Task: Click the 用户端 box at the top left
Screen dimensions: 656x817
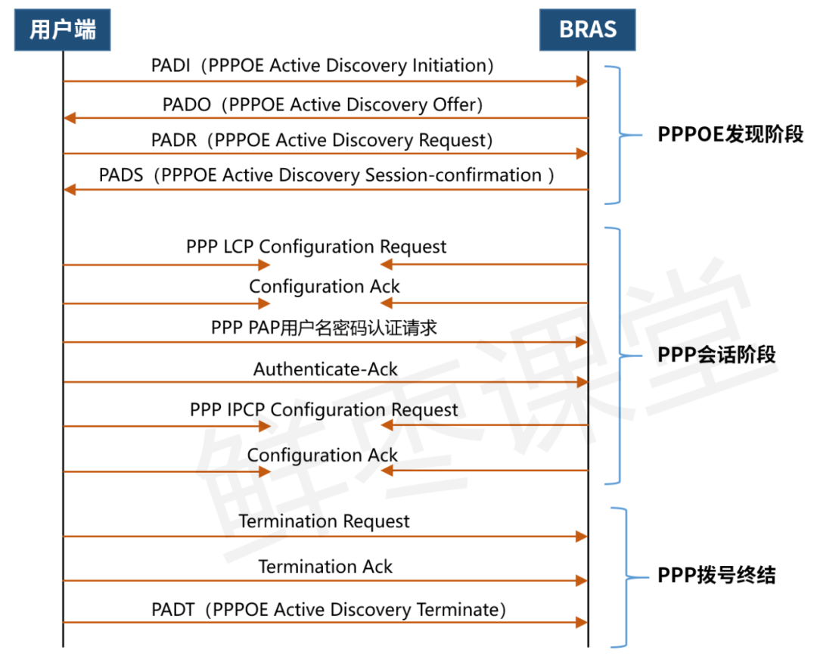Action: point(63,30)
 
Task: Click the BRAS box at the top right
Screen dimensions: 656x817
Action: point(587,30)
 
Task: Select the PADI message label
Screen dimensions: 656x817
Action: point(322,66)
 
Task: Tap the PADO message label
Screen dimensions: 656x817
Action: point(322,104)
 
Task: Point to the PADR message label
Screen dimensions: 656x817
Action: point(322,140)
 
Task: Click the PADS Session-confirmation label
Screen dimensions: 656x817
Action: point(327,176)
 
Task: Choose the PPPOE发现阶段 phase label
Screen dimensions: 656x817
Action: point(730,135)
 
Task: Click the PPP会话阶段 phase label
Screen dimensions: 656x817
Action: point(716,355)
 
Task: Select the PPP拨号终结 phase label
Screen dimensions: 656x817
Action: point(716,576)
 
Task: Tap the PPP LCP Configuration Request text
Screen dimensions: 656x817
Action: point(316,247)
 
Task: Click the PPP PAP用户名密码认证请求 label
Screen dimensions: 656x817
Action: point(324,328)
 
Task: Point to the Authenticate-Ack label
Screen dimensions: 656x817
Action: point(325,369)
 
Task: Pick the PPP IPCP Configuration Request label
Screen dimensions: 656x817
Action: point(324,410)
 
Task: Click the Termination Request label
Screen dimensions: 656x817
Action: point(324,521)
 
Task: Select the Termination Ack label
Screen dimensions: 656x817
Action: point(325,567)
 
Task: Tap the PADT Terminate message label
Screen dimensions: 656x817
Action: point(328,610)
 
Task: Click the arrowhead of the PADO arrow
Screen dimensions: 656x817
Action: point(70,117)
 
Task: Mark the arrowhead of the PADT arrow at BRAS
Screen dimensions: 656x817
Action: point(582,623)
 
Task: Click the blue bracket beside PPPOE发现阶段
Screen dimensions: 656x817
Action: point(619,135)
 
